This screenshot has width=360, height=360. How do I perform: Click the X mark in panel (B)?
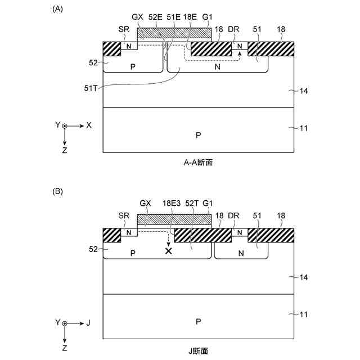click(x=168, y=251)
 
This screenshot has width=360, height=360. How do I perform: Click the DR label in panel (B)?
click(x=235, y=216)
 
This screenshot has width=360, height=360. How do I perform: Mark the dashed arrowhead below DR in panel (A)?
click(x=240, y=54)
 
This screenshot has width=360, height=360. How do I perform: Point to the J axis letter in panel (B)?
click(x=88, y=323)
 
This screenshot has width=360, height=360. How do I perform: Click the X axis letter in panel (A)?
click(x=89, y=125)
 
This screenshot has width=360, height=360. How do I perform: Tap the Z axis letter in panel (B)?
click(x=65, y=349)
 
